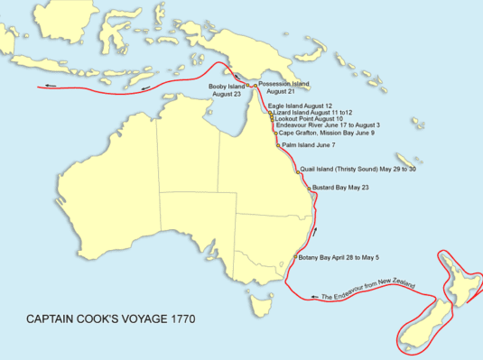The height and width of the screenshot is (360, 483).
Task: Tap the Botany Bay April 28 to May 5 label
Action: coord(343,257)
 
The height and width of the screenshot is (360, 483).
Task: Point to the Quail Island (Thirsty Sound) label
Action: coord(358,169)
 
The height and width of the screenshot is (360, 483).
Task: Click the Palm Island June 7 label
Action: coord(309,144)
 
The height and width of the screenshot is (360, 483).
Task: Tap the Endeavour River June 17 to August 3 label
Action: coord(321,125)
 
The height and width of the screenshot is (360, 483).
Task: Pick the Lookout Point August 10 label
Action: coord(307,118)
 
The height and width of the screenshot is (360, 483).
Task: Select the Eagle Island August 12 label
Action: coord(300,106)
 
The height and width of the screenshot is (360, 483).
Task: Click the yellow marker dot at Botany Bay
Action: coord(295,258)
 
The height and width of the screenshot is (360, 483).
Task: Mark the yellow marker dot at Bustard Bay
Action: coord(310,189)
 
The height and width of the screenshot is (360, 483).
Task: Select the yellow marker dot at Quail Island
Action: coord(296,170)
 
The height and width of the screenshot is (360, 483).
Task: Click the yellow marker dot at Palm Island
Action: coord(278,144)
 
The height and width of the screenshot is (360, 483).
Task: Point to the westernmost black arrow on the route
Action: coord(50,87)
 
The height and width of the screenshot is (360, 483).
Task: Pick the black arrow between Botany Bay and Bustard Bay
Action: coord(313,233)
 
